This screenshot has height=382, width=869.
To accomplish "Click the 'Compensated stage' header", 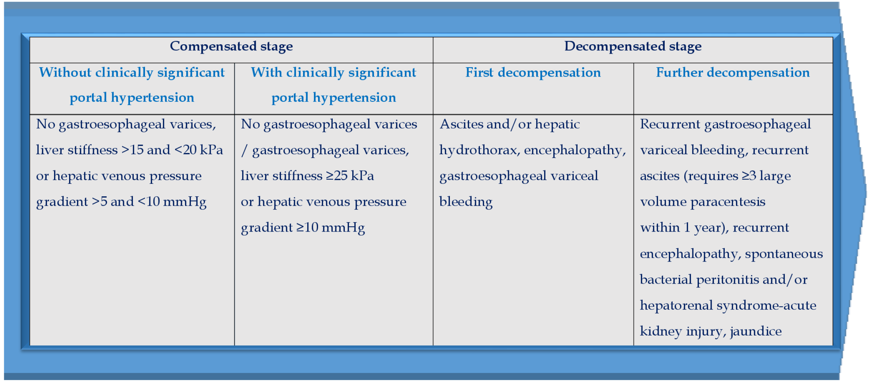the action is click(x=231, y=47).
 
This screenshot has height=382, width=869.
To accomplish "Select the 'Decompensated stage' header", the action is click(x=633, y=47).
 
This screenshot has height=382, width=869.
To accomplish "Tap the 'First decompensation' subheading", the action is click(x=533, y=72).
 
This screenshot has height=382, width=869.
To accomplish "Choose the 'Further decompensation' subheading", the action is click(x=733, y=72).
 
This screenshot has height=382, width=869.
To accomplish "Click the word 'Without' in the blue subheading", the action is click(x=65, y=72).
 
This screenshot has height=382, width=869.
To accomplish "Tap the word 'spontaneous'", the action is click(x=784, y=254).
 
